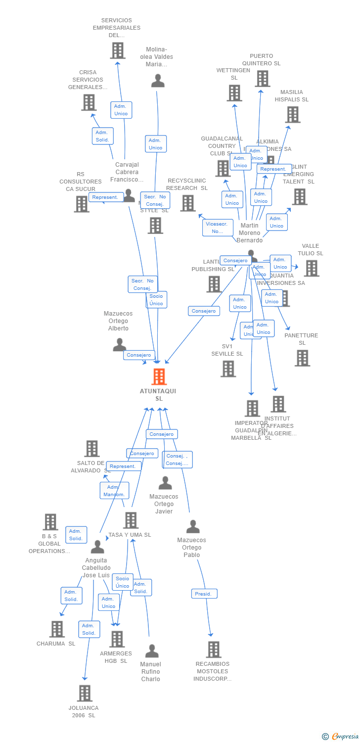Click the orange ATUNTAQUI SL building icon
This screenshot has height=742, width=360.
tap(159, 376)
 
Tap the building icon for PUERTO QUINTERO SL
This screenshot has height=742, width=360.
tap(262, 78)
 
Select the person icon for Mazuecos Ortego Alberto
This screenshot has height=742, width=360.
tap(119, 344)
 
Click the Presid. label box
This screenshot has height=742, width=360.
tap(204, 594)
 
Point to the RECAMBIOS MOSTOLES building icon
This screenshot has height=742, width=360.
tap(213, 649)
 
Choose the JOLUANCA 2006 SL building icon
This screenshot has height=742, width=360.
tap(85, 693)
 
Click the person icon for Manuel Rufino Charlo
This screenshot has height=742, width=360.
tap(152, 650)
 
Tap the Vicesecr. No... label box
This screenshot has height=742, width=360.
tap(218, 228)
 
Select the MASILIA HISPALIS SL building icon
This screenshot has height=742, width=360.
tap(292, 114)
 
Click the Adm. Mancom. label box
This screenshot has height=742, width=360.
tap(114, 491)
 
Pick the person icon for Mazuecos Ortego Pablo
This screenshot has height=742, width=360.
tap(193, 527)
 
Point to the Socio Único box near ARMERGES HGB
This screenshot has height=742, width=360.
tap(122, 582)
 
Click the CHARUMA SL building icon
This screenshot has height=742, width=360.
tap(57, 629)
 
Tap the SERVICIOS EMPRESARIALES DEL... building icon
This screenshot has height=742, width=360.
tap(117, 50)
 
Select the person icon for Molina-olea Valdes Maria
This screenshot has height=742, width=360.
tap(158, 81)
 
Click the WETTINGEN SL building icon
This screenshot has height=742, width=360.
tap(234, 93)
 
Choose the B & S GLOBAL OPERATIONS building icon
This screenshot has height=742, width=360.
tap(50, 522)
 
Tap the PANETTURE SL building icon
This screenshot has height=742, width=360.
tap(302, 358)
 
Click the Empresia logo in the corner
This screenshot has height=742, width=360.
tap(341, 737)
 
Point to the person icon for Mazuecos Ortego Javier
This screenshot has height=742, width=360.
tap(165, 483)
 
